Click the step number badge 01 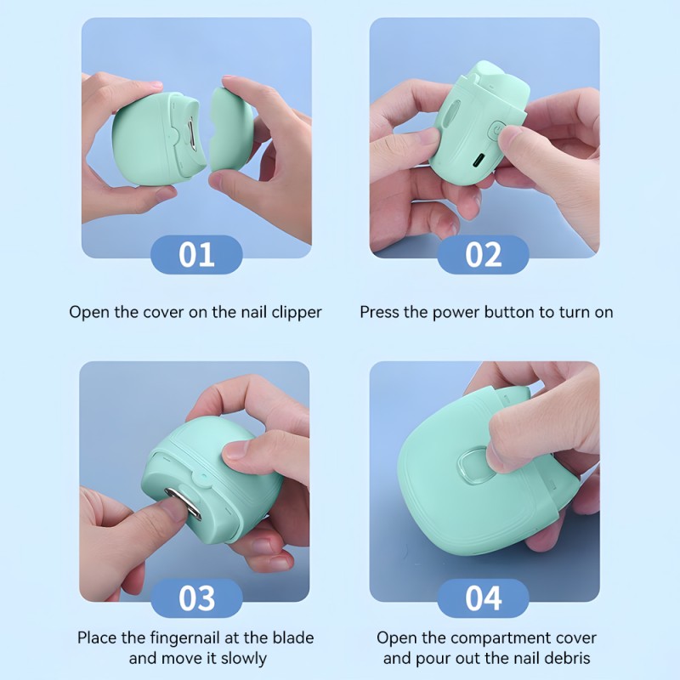coord(196,255)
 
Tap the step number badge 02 coord(483,255)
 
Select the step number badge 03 coord(196,598)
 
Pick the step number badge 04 coord(483,598)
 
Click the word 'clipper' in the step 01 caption coord(294,312)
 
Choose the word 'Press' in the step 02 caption coord(379,312)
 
